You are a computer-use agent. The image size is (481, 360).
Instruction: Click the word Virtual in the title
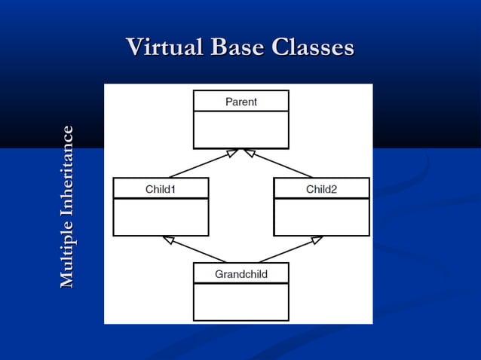click(x=164, y=47)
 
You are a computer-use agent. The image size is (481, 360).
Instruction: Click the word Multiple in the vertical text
click(x=67, y=252)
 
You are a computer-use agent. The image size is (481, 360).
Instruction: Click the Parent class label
click(x=241, y=102)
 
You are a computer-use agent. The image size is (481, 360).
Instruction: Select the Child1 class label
click(x=161, y=189)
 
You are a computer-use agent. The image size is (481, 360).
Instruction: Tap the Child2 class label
click(x=321, y=189)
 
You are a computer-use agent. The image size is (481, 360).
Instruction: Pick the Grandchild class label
click(x=241, y=274)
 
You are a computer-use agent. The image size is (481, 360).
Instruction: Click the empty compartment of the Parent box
click(x=241, y=130)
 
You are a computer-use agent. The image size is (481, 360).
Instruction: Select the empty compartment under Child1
click(x=161, y=217)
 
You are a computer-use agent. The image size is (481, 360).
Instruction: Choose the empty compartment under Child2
click(x=321, y=217)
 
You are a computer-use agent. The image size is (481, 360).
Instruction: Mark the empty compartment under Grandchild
click(x=241, y=302)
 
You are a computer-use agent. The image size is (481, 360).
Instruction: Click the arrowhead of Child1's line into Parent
click(x=232, y=153)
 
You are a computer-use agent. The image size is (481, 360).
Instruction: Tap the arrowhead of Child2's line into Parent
click(x=250, y=153)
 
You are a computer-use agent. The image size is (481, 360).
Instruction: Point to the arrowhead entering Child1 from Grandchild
click(x=169, y=240)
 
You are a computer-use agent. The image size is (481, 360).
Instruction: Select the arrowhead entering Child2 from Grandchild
click(x=317, y=240)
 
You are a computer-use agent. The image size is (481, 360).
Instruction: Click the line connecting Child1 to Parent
click(x=198, y=166)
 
